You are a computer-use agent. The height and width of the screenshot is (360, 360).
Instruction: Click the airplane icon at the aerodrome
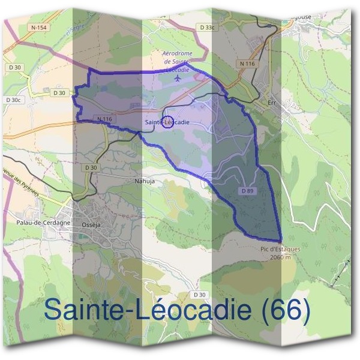click(177, 78)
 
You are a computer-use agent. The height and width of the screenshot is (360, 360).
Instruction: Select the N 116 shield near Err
click(246, 63)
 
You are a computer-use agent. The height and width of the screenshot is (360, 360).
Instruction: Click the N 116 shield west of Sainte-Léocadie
click(104, 119)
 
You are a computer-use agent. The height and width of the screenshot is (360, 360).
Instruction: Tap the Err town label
click(272, 103)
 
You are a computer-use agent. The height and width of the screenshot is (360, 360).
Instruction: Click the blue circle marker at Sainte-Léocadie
click(168, 122)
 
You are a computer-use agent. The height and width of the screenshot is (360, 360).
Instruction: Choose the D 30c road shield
click(13, 100)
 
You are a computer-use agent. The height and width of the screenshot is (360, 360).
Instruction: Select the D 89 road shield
click(247, 190)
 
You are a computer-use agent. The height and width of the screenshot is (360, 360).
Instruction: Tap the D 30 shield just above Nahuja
click(91, 167)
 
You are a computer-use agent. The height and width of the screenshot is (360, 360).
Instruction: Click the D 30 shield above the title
click(200, 295)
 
